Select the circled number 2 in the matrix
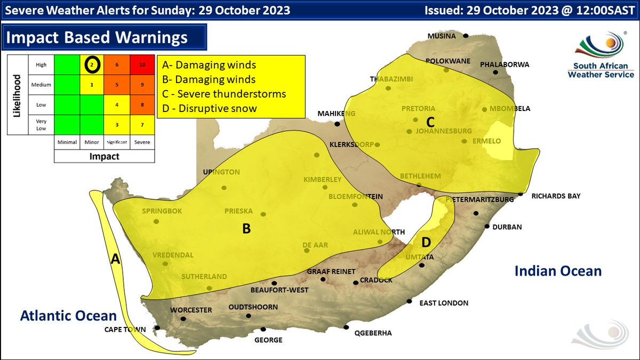(x=91, y=65)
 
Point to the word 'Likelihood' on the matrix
(x=17, y=96)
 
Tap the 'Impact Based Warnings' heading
(x=97, y=37)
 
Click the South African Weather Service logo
(x=601, y=56)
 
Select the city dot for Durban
(x=487, y=226)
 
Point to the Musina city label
(x=442, y=36)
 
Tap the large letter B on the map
(x=246, y=229)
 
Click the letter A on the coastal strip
(x=115, y=259)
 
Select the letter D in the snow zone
(x=426, y=243)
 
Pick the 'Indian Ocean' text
(x=558, y=271)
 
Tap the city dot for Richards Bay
(x=521, y=194)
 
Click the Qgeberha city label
(x=373, y=333)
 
